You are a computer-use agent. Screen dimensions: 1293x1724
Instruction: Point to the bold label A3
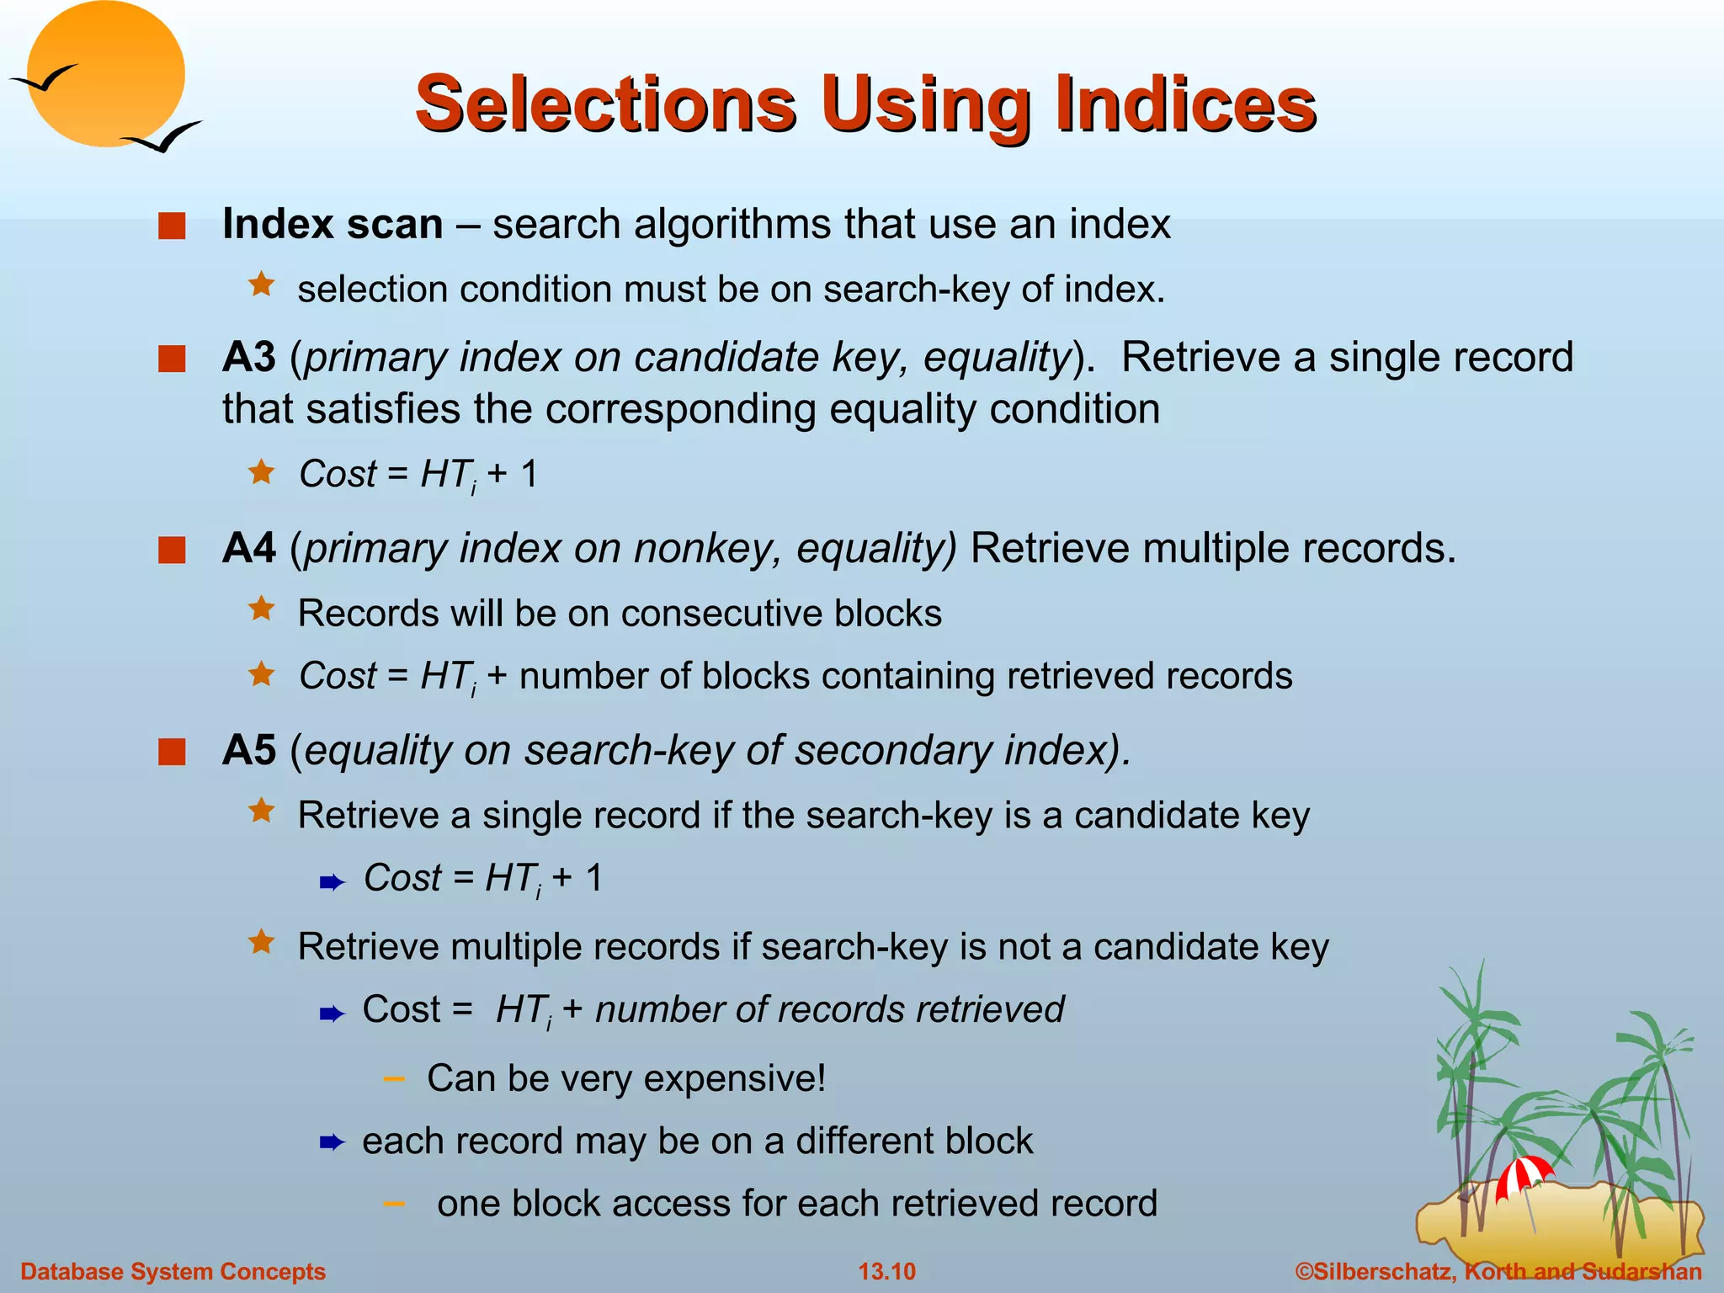tap(249, 357)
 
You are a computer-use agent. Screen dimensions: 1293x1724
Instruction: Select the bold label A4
tap(249, 548)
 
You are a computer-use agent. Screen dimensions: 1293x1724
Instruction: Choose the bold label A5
tap(249, 750)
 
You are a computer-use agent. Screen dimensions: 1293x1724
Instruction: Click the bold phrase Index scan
tap(333, 224)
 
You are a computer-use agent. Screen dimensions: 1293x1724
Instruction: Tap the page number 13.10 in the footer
tap(886, 1271)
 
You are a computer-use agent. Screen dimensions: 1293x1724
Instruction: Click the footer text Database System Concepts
tap(173, 1271)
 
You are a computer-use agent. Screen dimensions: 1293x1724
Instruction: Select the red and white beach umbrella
tap(1523, 1175)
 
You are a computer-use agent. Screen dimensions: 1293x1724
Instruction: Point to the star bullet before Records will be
tap(262, 609)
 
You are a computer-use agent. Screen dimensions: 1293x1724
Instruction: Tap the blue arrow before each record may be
tap(333, 1142)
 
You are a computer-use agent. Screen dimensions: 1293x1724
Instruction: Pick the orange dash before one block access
tap(393, 1204)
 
